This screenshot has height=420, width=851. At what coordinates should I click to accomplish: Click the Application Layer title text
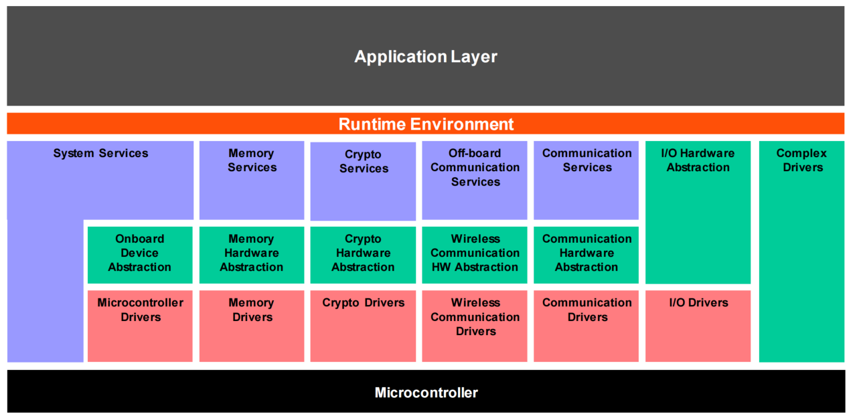(x=425, y=57)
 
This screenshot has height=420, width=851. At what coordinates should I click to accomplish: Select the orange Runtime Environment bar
(x=425, y=124)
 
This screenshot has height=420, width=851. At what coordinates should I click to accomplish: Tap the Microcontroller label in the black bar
(x=426, y=393)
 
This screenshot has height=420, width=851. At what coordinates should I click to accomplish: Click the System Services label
(x=100, y=154)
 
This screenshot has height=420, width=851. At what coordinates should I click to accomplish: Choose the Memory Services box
(x=252, y=179)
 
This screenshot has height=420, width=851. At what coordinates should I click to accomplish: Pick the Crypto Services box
(x=363, y=181)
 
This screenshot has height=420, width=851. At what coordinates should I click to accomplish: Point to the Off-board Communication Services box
(x=475, y=179)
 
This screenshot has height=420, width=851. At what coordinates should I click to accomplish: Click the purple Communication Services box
(x=587, y=179)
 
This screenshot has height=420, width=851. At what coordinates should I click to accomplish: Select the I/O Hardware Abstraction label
(x=698, y=161)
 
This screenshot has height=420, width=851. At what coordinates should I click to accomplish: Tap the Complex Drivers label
(x=801, y=161)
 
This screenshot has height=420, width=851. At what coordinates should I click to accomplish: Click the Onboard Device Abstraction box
(x=140, y=254)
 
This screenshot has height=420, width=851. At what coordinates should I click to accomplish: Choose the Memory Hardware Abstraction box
(x=252, y=254)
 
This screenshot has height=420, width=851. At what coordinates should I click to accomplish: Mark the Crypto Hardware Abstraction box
(x=363, y=254)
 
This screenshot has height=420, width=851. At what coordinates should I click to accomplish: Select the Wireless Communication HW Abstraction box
(x=475, y=254)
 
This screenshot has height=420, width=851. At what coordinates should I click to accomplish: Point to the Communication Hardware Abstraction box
(x=587, y=254)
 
